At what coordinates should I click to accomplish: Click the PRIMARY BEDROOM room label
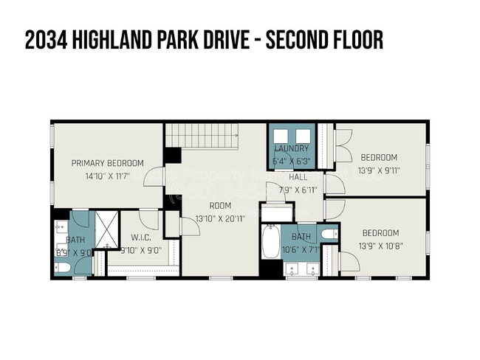pyautogui.click(x=107, y=163)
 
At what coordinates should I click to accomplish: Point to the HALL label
pyautogui.click(x=298, y=177)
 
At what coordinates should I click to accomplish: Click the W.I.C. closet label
pyautogui.click(x=141, y=238)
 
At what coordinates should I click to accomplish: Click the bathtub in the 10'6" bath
pyautogui.click(x=271, y=241)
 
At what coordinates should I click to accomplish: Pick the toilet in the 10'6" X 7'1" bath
pyautogui.click(x=330, y=235)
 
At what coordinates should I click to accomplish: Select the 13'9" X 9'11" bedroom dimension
pyautogui.click(x=379, y=170)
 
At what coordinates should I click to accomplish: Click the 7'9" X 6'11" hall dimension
pyautogui.click(x=298, y=190)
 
